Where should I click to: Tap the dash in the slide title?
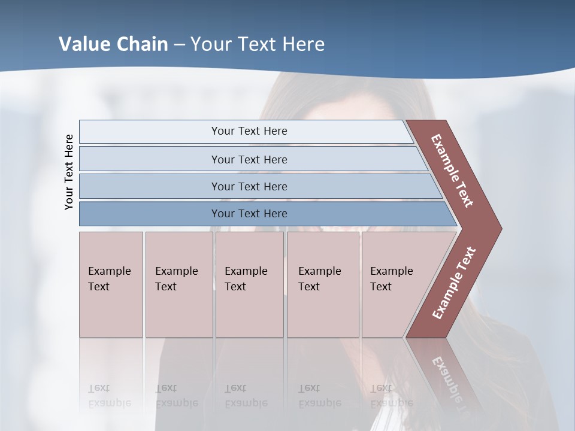[x=179, y=45]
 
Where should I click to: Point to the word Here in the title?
[x=303, y=44]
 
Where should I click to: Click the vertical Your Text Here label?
[x=69, y=172]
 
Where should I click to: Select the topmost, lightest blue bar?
[x=249, y=131]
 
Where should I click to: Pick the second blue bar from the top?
[x=249, y=159]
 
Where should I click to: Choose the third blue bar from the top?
[x=249, y=186]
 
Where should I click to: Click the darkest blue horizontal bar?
[x=249, y=214]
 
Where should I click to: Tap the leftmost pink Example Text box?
[x=111, y=284]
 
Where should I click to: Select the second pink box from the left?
[x=178, y=284]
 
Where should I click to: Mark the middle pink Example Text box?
[x=249, y=284]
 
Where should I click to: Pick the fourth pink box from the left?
[x=322, y=284]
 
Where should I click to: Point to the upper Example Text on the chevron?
[x=452, y=171]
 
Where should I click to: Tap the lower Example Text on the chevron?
[x=453, y=283]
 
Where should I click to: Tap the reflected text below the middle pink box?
[x=246, y=396]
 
